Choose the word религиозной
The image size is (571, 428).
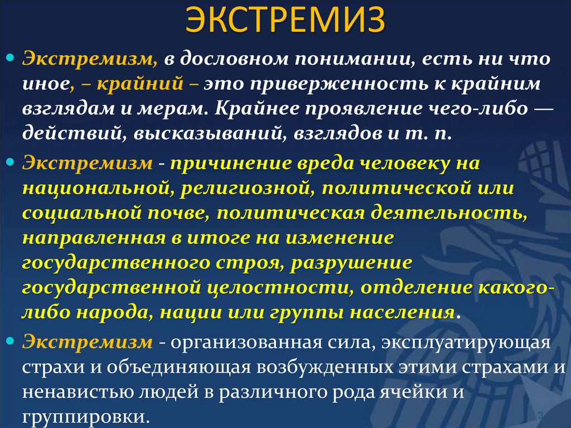241,188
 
